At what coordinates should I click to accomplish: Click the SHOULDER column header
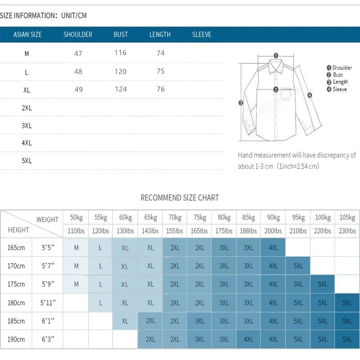point(78,35)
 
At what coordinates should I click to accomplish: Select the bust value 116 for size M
point(121,53)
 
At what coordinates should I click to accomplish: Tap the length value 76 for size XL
point(161,90)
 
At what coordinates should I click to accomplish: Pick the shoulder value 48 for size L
point(78,72)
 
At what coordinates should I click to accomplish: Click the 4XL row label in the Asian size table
point(27,143)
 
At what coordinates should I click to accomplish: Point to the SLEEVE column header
point(202,35)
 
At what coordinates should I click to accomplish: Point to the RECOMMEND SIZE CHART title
point(180,198)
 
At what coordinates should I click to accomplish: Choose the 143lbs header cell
point(150,231)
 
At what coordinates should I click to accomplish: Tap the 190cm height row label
point(16,340)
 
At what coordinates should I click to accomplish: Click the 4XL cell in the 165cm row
point(273,248)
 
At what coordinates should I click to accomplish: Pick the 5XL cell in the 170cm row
point(298,266)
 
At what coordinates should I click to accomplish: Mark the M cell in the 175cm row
point(76,284)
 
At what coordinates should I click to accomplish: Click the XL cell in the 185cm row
point(125,321)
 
